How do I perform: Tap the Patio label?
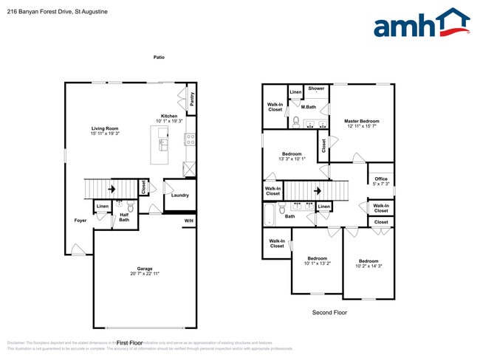click(x=159, y=57)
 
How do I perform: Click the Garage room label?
click(x=145, y=269)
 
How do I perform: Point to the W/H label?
click(x=189, y=221)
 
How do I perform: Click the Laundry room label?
click(x=179, y=195)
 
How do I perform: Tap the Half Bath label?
click(x=124, y=218)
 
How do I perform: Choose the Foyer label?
click(x=80, y=221)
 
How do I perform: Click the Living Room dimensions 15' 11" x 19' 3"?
click(x=105, y=134)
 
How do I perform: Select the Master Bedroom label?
click(x=362, y=120)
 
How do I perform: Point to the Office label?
click(x=380, y=179)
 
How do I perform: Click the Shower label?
click(x=316, y=89)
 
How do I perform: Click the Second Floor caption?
click(x=329, y=312)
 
